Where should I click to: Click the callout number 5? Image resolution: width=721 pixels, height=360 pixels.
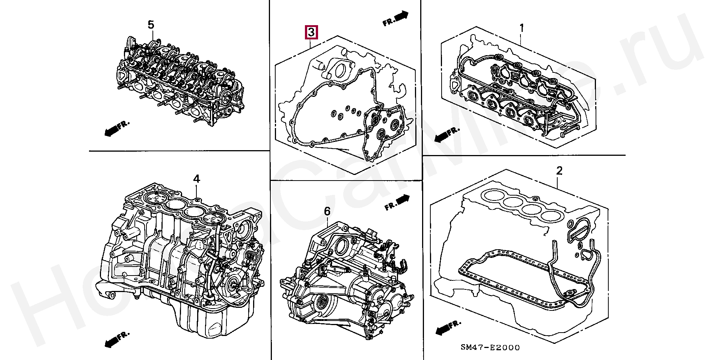pyautogui.click(x=151, y=25)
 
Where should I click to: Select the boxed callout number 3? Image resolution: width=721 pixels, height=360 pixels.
pyautogui.click(x=311, y=32)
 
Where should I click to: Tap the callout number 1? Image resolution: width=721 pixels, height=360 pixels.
pyautogui.click(x=522, y=28)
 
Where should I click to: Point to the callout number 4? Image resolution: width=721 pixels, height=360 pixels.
pyautogui.click(x=196, y=179)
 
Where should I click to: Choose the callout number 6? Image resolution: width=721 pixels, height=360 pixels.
pyautogui.click(x=327, y=211)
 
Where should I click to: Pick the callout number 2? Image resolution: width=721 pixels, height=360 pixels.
pyautogui.click(x=559, y=171)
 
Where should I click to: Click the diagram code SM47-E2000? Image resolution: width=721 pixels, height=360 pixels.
pyautogui.click(x=490, y=348)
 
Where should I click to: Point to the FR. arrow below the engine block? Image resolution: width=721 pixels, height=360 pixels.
pyautogui.click(x=116, y=339)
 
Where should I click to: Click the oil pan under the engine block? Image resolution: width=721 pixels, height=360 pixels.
pyautogui.click(x=210, y=319)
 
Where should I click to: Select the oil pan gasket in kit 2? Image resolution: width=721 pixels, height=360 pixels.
pyautogui.click(x=518, y=278)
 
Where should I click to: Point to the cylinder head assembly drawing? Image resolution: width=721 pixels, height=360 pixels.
pyautogui.click(x=180, y=83)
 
